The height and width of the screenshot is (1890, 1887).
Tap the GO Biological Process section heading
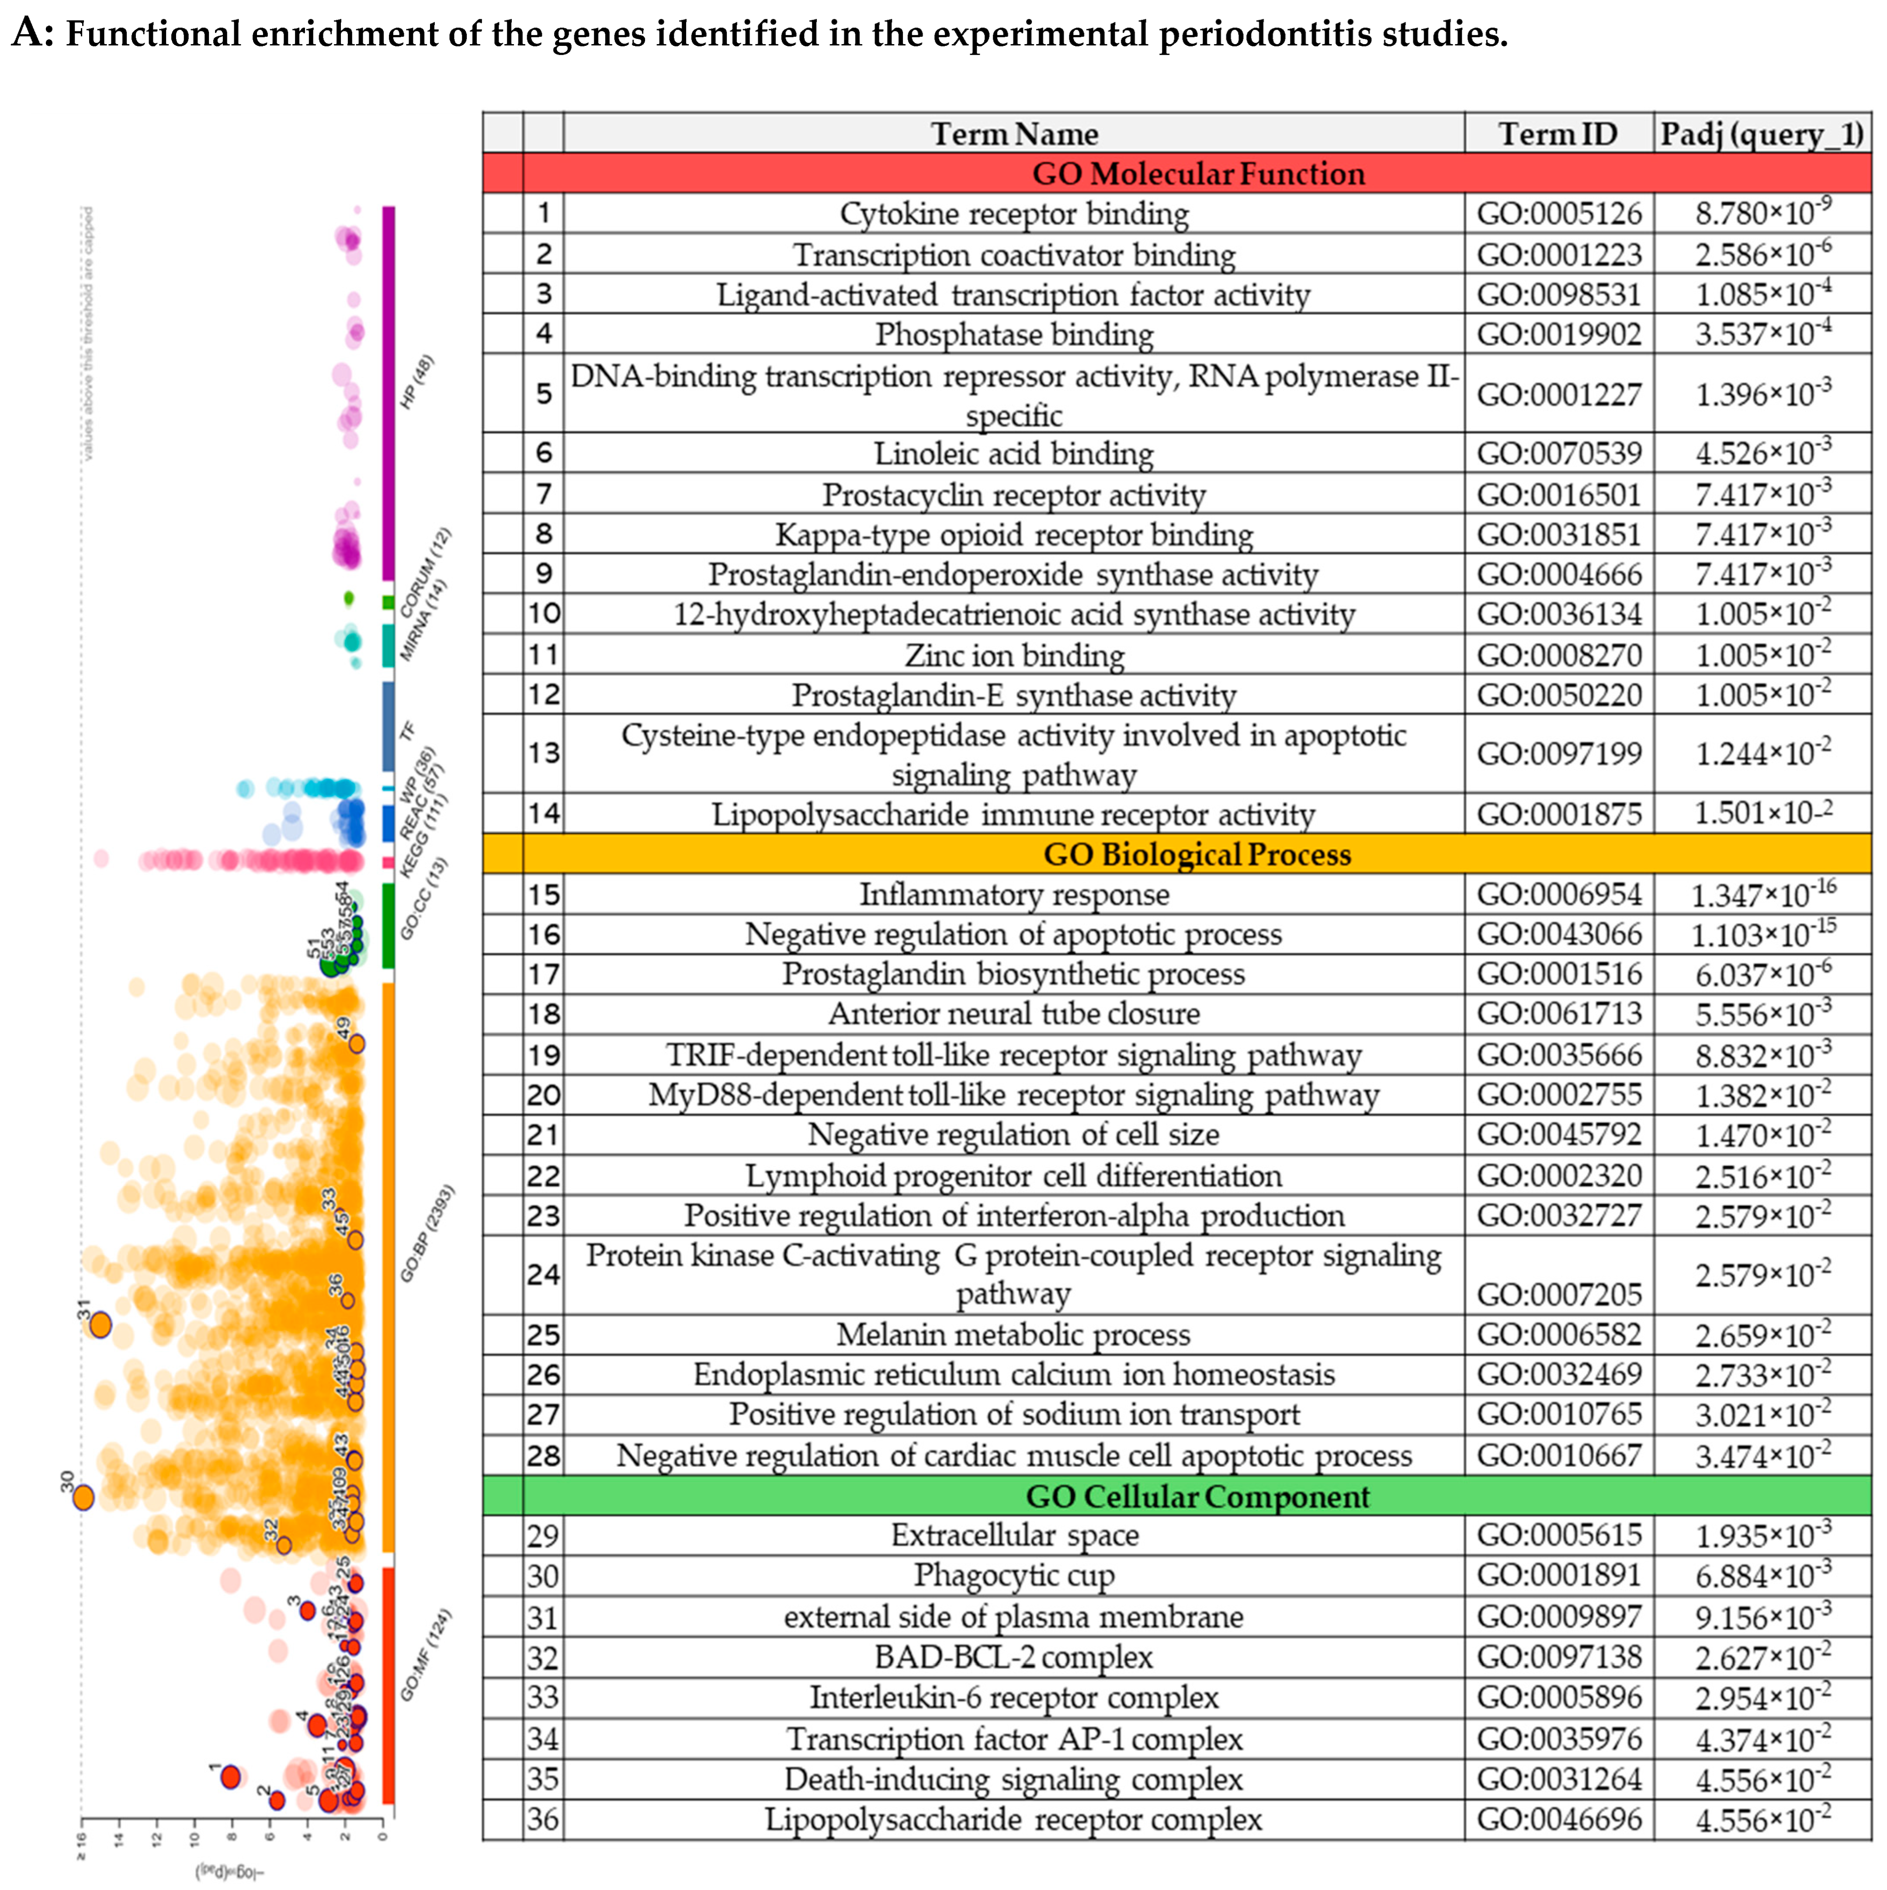point(1197,854)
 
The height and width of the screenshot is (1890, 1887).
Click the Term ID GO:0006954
point(1558,894)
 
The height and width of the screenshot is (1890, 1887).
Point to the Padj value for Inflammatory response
point(1763,894)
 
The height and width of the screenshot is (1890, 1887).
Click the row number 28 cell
point(543,1456)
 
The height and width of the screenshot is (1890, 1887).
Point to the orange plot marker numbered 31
point(100,1326)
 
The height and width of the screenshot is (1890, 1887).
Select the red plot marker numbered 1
point(231,1776)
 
